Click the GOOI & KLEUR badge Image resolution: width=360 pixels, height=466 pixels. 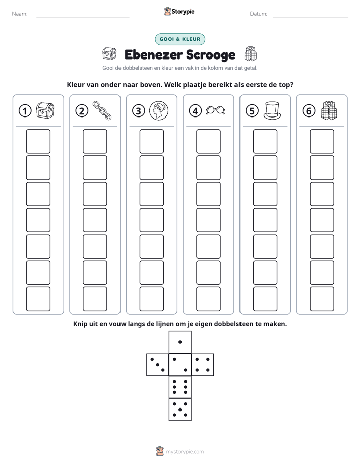(x=180, y=39)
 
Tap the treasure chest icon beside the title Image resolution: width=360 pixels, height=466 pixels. (x=109, y=54)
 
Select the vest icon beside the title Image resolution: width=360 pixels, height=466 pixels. (x=251, y=54)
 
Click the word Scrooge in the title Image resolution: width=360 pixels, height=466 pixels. (x=211, y=54)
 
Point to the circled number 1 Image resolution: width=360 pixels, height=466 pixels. (x=25, y=111)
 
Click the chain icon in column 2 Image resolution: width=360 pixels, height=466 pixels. (x=102, y=110)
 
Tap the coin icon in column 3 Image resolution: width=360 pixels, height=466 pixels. (x=159, y=110)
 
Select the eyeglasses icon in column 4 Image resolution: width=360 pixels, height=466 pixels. (x=216, y=110)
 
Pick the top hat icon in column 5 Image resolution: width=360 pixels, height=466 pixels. (x=272, y=110)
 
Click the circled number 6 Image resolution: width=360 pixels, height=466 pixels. (x=309, y=111)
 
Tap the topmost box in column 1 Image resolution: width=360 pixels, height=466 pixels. (x=38, y=141)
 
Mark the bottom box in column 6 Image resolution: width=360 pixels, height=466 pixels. (x=322, y=299)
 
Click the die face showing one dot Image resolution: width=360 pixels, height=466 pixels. (x=180, y=342)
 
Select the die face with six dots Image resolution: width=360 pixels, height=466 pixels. (x=180, y=387)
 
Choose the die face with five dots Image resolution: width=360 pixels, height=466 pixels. (x=180, y=410)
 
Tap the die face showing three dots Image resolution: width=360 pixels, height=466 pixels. (x=158, y=365)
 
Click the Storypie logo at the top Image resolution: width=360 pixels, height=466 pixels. (x=179, y=11)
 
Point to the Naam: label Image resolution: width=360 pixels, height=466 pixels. (x=20, y=14)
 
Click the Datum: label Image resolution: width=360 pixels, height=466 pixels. (x=259, y=14)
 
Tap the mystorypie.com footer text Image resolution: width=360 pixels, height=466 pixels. (x=185, y=452)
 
